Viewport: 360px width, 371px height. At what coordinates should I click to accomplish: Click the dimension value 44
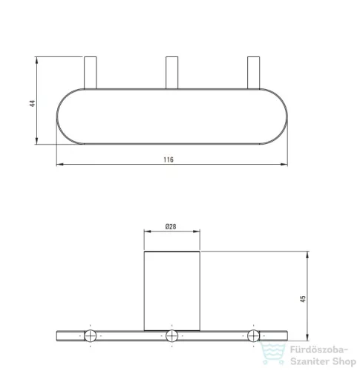(x=33, y=103)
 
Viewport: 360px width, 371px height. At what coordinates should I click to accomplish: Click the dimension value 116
(x=168, y=160)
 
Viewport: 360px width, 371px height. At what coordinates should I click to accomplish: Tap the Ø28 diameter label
(x=171, y=226)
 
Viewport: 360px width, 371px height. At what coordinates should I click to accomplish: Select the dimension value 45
(x=303, y=299)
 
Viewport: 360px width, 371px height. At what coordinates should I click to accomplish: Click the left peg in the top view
(x=91, y=73)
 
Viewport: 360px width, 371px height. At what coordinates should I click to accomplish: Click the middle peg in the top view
(x=171, y=73)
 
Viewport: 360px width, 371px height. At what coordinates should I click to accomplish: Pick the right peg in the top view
(x=254, y=73)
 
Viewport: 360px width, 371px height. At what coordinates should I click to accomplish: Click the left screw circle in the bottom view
(x=91, y=336)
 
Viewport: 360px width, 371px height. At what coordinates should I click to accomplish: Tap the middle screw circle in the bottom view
(x=172, y=336)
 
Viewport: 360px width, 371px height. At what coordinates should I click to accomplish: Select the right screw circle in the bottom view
(x=254, y=336)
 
